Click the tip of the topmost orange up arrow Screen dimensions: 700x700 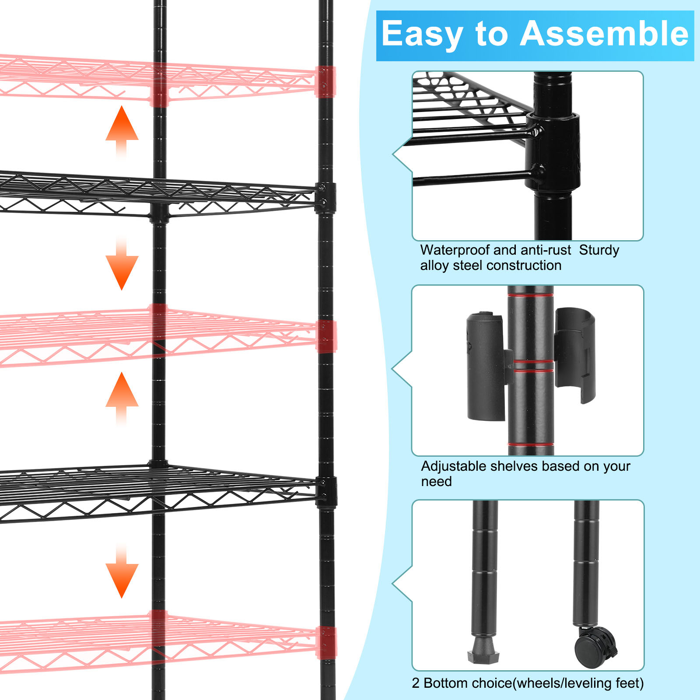click(x=122, y=106)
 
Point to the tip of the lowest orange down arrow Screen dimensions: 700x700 click(x=122, y=598)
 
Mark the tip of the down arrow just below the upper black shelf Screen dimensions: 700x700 click(x=122, y=290)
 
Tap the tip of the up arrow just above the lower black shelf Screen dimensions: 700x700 click(x=122, y=372)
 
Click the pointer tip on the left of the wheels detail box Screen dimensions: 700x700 click(x=392, y=584)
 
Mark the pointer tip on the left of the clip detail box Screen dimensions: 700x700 click(x=392, y=370)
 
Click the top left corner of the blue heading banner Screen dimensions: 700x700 click(x=377, y=11)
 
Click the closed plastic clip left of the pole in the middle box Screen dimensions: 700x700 click(x=487, y=366)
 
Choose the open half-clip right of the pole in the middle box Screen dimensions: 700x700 click(x=575, y=354)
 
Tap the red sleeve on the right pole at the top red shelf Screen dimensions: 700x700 click(x=325, y=81)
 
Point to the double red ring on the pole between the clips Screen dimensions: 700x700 click(x=532, y=366)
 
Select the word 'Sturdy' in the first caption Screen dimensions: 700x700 click(x=599, y=250)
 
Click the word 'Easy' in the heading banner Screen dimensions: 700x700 click(x=422, y=34)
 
